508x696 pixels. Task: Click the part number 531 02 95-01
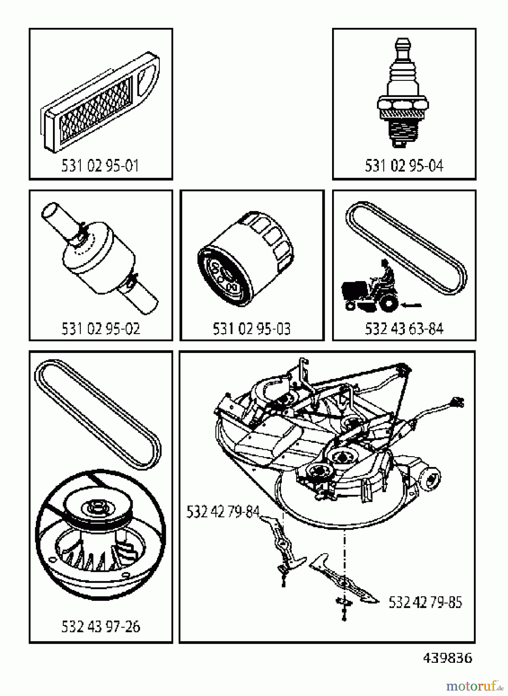[x=100, y=166]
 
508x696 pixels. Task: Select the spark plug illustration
[x=403, y=93]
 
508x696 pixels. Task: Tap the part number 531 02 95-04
[x=404, y=166]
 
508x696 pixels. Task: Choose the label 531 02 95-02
[x=101, y=329]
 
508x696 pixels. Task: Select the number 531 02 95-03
[x=252, y=329]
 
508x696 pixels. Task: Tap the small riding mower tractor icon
[x=370, y=288]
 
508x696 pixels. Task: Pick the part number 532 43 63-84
[x=404, y=329]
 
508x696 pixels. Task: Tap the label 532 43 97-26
[x=101, y=626]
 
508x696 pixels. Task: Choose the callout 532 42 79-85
[x=425, y=602]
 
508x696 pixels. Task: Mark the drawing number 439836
[x=447, y=658]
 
